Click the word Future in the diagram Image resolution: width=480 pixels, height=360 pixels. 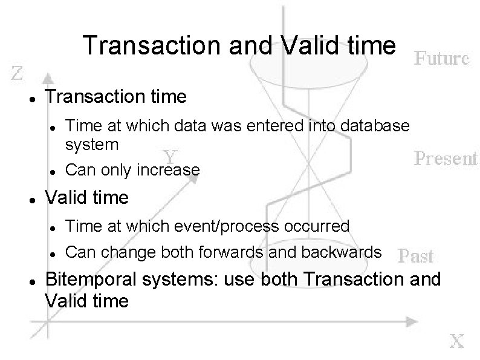(x=441, y=59)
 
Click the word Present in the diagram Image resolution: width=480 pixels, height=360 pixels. (x=446, y=159)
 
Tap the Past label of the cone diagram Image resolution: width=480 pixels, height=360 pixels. (x=417, y=256)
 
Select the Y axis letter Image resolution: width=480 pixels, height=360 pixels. (x=171, y=155)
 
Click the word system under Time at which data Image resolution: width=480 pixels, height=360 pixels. (x=92, y=145)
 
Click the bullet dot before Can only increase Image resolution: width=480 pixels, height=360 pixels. (x=54, y=171)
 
